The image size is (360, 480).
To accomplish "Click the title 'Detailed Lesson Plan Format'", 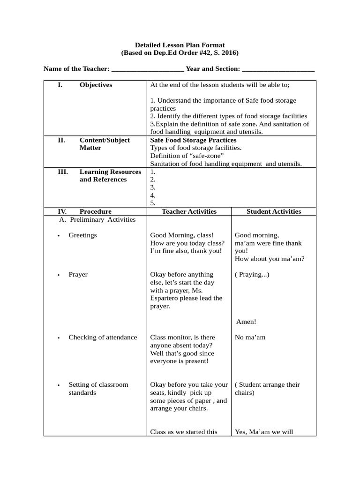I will (x=180, y=45).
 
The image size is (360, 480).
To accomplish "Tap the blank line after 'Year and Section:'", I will (x=278, y=69).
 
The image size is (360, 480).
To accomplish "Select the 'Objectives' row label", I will (x=96, y=85).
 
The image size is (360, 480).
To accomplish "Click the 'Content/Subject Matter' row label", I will (x=105, y=144).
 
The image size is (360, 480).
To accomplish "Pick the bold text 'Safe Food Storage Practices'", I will (x=193, y=140).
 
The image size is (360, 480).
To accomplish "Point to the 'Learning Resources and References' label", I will (x=110, y=176).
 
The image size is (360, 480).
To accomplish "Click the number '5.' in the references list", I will (x=153, y=203).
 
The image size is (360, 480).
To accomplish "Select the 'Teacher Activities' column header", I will (x=189, y=211).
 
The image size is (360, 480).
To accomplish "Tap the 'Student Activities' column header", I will (x=274, y=211).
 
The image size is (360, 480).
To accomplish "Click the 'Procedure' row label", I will (x=96, y=211).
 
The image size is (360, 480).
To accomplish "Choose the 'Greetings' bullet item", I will (x=82, y=235).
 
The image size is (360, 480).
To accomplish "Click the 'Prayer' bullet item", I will (x=78, y=275).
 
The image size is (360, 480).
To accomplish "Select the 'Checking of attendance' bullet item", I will (x=103, y=337).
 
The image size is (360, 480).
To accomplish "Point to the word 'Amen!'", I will (x=246, y=322).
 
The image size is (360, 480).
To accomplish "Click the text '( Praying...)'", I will (x=252, y=275).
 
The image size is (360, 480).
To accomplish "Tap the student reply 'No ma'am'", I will (x=250, y=337).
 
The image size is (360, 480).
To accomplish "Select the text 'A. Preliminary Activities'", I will (x=97, y=219).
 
